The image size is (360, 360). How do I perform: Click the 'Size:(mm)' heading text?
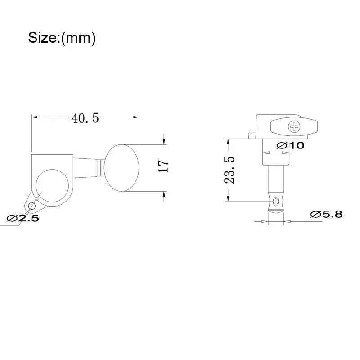click(x=62, y=38)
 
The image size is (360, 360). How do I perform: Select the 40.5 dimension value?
click(x=85, y=118)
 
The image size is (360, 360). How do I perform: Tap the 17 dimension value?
click(x=163, y=166)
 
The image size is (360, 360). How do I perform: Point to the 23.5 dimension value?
click(x=229, y=170)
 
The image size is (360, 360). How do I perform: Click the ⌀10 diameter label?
click(x=290, y=145)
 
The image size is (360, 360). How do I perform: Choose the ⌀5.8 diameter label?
click(x=326, y=215)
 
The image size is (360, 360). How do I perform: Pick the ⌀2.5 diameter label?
click(x=23, y=218)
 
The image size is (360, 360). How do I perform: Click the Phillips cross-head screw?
click(x=294, y=127)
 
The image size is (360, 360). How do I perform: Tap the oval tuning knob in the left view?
click(x=121, y=168)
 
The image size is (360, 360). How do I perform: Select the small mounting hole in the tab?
click(x=32, y=207)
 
